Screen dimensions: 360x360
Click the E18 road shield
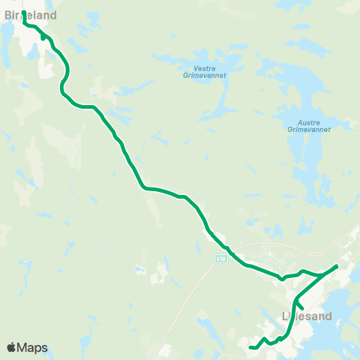(x=220, y=259)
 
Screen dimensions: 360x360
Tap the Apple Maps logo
(x=26, y=347)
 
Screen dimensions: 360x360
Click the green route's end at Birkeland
(x=25, y=13)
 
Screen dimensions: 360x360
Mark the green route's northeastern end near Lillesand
(x=337, y=266)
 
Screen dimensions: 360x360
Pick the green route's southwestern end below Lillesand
(x=250, y=346)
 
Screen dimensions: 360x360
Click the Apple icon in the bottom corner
(x=11, y=347)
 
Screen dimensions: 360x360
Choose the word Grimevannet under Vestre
(x=204, y=75)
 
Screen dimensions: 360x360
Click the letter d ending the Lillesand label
(x=328, y=316)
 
